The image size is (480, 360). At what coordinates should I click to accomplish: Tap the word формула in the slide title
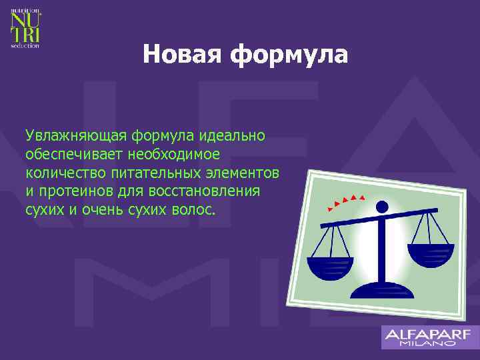[289, 55]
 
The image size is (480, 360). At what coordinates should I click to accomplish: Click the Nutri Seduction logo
[25, 27]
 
